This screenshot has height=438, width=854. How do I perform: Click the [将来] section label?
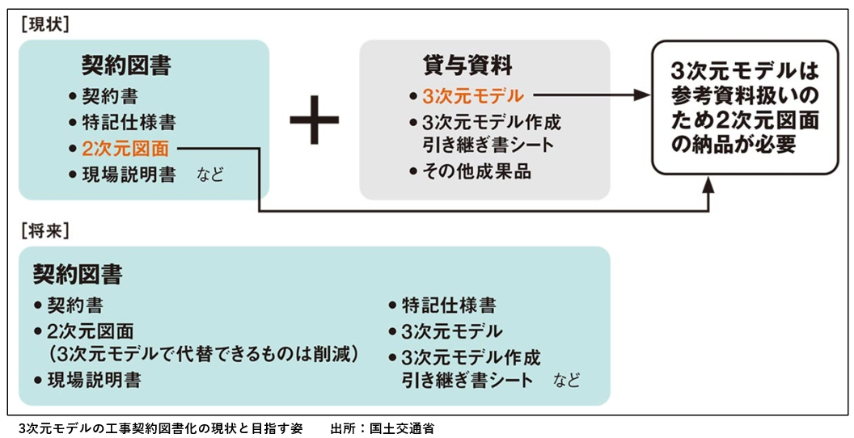[x=44, y=231]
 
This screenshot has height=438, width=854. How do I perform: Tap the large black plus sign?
[x=315, y=124]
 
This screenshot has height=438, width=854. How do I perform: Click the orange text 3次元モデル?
[x=473, y=96]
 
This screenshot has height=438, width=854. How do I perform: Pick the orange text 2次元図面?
[x=125, y=149]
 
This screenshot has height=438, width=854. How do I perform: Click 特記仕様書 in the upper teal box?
[x=129, y=123]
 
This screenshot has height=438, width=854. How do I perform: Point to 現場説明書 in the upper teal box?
[x=129, y=175]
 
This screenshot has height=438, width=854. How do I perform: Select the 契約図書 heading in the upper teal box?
[x=126, y=65]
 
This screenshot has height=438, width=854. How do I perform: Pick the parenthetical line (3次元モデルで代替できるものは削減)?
[x=203, y=355]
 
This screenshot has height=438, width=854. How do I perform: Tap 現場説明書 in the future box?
[x=94, y=380]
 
